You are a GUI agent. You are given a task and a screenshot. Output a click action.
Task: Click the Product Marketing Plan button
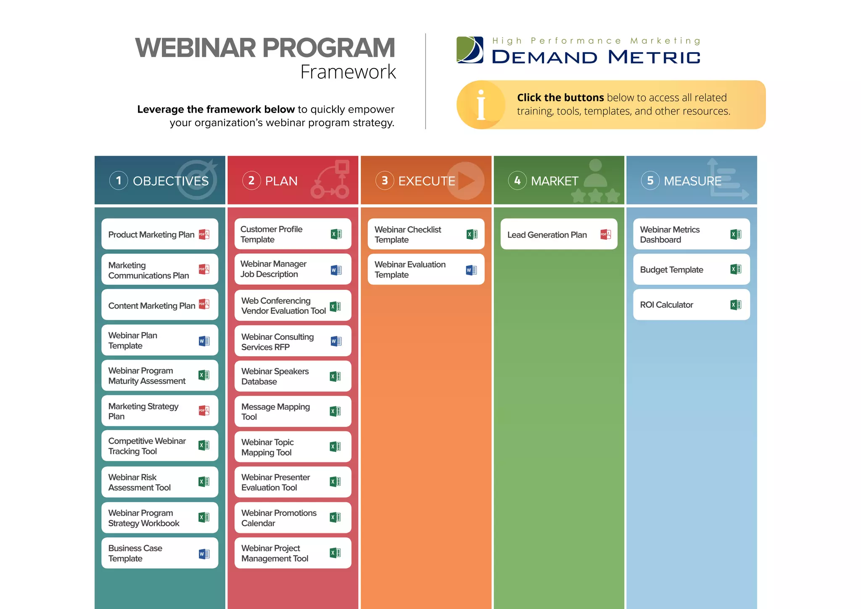159,234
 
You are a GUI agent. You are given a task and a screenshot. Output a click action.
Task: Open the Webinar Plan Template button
159,340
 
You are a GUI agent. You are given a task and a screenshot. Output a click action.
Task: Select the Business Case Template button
159,553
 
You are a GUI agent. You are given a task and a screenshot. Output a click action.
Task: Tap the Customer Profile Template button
293,234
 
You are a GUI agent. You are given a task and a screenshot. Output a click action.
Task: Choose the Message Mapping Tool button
293,411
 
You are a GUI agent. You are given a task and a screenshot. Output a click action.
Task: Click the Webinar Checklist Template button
425,234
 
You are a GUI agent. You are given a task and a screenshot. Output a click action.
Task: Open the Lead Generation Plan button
558,234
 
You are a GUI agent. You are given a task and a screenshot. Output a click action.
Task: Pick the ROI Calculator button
691,304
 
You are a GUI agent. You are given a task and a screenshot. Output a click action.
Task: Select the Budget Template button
691,269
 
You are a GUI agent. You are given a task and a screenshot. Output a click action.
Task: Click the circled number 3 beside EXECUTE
384,181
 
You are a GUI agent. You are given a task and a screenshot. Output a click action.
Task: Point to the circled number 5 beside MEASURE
650,181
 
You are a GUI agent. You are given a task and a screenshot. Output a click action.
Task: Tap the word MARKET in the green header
555,181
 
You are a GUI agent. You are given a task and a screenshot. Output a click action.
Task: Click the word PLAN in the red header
281,181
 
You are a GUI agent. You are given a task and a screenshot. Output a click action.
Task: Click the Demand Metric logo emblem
470,50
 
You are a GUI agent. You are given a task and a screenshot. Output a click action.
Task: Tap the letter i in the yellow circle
481,105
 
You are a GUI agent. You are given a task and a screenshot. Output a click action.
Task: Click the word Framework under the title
348,72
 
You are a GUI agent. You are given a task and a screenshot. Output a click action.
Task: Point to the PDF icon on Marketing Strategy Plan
204,410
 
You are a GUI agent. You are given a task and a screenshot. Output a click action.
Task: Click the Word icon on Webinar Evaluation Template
471,270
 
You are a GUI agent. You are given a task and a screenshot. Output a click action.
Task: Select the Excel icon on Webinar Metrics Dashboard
736,234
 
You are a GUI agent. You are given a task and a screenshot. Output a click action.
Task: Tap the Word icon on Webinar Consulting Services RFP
336,341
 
